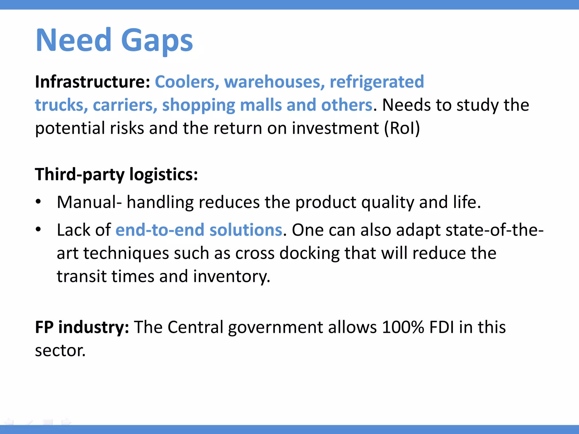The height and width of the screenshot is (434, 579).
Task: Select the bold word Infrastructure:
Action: [92, 82]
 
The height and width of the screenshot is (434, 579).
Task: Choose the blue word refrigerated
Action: [377, 82]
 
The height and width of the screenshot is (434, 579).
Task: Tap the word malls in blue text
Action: [261, 105]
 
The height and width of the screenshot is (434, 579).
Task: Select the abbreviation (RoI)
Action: [402, 128]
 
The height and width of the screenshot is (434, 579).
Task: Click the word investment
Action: [335, 128]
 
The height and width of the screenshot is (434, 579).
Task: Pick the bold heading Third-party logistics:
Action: [116, 174]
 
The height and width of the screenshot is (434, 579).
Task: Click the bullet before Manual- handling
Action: [38, 202]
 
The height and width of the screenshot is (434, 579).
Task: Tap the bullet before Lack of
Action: [38, 229]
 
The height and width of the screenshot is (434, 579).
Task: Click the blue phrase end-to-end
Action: [160, 230]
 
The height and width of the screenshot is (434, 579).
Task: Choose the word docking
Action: [309, 253]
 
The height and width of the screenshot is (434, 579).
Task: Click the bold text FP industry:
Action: [82, 327]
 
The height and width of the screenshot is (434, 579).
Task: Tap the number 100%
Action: [403, 327]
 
